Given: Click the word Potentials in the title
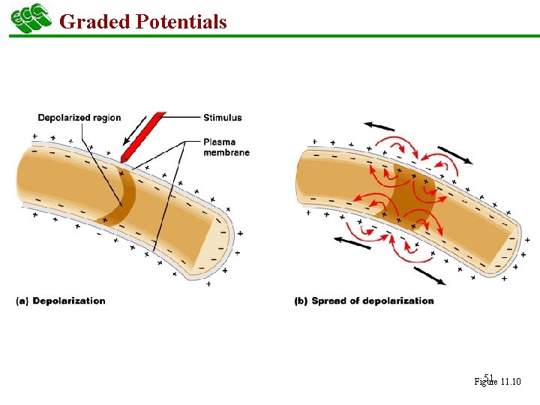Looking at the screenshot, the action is pos(181,22).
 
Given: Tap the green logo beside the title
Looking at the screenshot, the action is pos(30,19).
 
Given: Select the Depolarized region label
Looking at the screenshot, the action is pos(79,118).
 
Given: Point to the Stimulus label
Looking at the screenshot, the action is pos(223,117).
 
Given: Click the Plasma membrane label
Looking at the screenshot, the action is pos(226,147).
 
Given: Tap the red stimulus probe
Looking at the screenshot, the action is pos(142,138).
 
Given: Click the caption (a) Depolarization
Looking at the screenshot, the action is pos(61,301).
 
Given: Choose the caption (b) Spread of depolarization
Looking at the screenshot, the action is pos(364,301).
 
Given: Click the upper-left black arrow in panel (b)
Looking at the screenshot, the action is pos(380,126).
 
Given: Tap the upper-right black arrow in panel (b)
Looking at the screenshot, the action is pos(454,154).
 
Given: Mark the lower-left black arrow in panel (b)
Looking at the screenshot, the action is pos(353,241).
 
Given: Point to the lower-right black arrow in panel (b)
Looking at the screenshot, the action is pos(429,275).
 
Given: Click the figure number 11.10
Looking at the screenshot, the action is pos(511,382).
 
